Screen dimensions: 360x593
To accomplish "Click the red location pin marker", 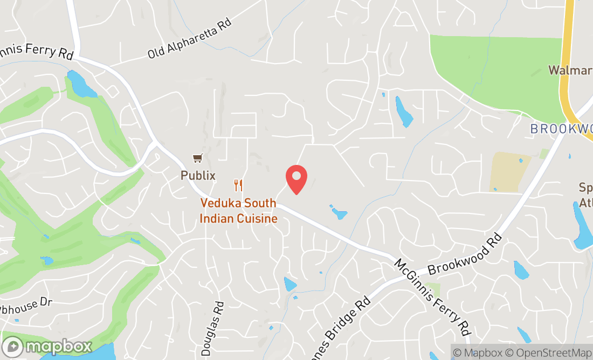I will tap(296, 179).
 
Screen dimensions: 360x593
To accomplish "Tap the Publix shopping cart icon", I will tap(198, 158).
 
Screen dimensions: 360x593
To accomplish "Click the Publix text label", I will tap(198, 176).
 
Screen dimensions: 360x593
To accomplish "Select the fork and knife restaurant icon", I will tap(238, 185).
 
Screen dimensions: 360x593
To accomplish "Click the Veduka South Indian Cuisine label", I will tap(238, 211).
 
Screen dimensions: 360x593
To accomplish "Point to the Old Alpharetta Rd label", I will tap(189, 39).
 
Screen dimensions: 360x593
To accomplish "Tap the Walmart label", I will tap(569, 70).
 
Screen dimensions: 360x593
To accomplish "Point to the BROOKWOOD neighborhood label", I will tap(561, 129).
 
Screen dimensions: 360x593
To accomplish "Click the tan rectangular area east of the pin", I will tap(509, 171).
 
